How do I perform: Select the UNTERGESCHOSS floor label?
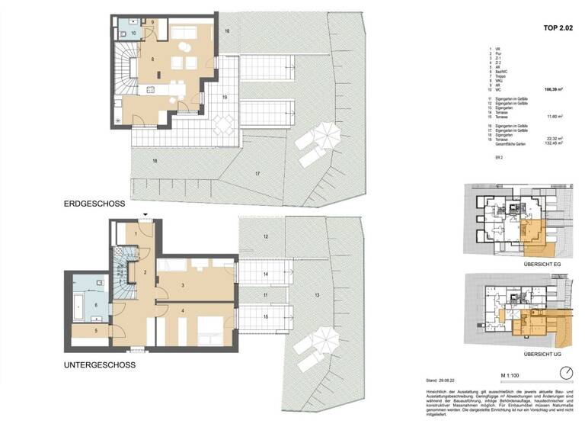point(100,365)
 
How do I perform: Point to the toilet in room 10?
point(125,22)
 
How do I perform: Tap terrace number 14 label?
point(265,273)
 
